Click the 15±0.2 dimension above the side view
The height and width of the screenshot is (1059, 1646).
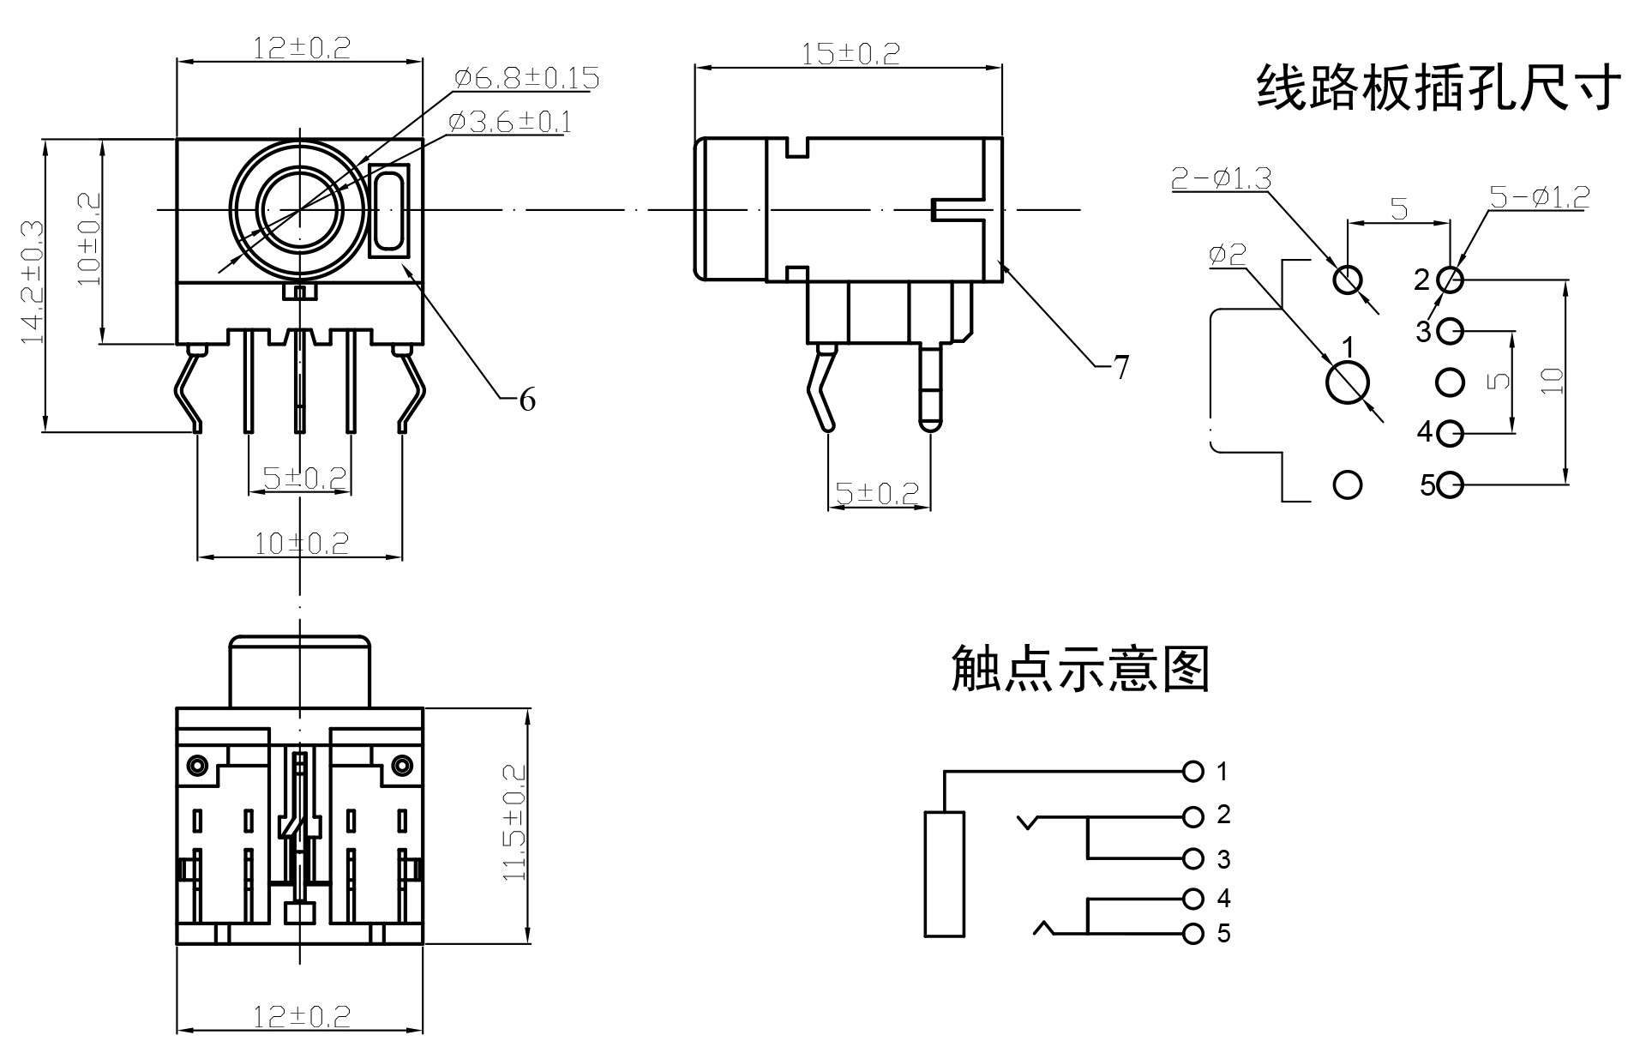click(850, 54)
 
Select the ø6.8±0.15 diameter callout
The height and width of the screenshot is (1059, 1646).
click(526, 79)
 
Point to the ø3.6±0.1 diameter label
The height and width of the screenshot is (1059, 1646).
click(509, 122)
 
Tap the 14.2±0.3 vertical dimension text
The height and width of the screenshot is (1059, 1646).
click(33, 283)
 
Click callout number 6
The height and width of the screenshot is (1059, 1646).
click(527, 400)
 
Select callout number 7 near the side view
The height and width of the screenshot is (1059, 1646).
click(1120, 368)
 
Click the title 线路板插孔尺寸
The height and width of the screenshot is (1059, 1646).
click(1438, 87)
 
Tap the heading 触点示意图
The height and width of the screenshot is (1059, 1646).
click(1080, 670)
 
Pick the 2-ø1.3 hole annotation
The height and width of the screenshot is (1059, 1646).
click(1221, 178)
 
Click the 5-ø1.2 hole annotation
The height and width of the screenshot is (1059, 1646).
click(1539, 197)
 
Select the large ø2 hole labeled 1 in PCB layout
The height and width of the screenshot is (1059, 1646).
click(1347, 382)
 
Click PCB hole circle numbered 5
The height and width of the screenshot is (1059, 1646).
click(1450, 485)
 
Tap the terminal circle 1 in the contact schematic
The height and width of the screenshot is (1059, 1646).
click(1192, 772)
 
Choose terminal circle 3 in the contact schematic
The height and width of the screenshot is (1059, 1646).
click(1192, 857)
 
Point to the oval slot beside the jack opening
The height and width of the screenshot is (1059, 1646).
click(389, 211)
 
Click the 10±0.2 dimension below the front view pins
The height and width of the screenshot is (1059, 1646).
click(301, 544)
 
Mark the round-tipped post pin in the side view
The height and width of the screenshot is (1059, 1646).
click(930, 386)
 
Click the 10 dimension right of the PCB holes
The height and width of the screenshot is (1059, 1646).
click(1553, 381)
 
